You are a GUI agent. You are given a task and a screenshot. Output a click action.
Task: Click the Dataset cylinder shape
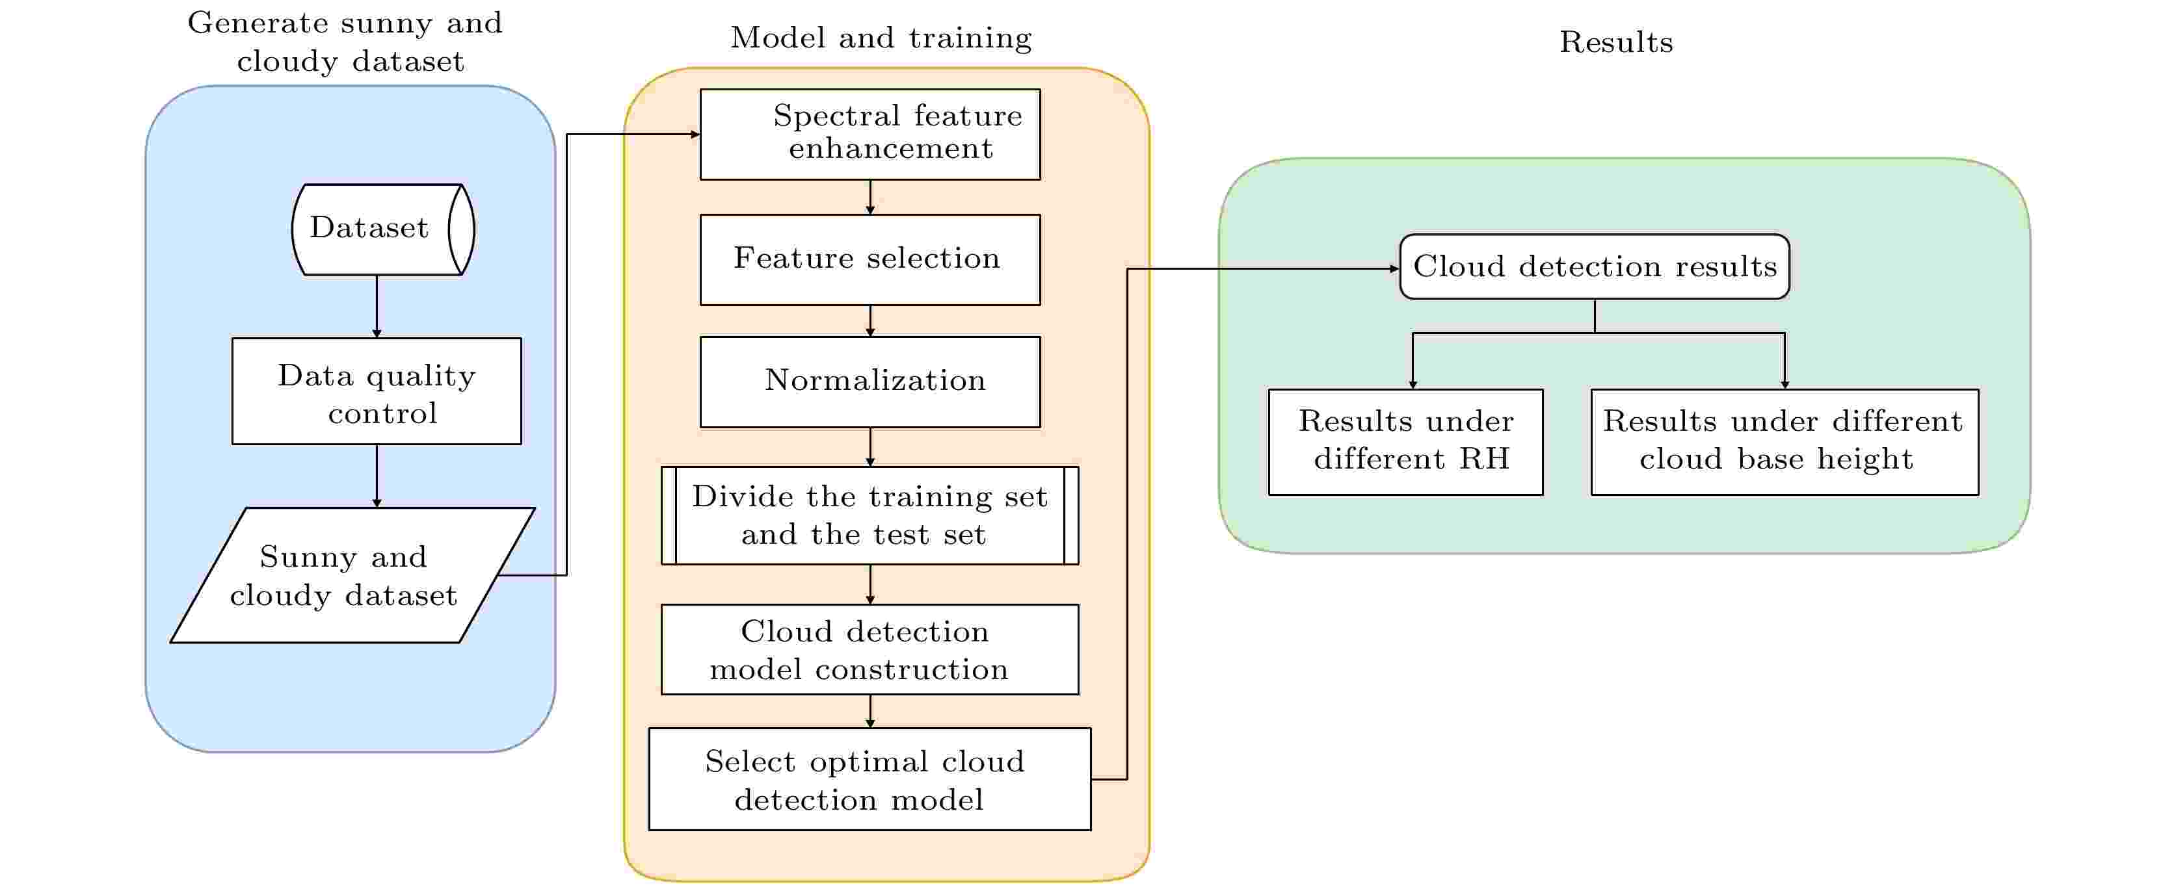coord(382,229)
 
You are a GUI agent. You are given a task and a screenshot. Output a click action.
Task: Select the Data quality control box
coord(377,392)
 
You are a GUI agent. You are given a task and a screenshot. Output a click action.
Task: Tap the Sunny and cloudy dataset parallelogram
coord(352,575)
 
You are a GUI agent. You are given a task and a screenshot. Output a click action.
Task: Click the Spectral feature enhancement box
coord(870,135)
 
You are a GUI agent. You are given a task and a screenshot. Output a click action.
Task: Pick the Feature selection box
coord(870,259)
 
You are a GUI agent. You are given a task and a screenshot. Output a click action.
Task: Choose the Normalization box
coord(870,381)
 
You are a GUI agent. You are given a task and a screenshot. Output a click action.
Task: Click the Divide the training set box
coord(870,515)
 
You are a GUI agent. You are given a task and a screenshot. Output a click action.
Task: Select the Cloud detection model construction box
coord(870,649)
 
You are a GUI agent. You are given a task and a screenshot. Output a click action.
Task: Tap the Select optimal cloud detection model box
coord(870,779)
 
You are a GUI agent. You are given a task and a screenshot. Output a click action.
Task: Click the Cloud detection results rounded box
coord(1594,267)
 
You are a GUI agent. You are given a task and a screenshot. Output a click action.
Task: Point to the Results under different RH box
coord(1405,441)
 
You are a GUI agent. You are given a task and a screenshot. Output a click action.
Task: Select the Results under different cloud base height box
coord(1784,441)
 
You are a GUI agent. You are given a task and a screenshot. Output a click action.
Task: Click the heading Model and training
coord(881,38)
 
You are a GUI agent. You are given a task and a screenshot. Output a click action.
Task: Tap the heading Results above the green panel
coord(1616,42)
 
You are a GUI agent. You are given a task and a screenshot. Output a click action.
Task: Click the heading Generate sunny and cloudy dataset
coord(345,42)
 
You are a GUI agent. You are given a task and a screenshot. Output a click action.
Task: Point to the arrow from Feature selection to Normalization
coord(870,321)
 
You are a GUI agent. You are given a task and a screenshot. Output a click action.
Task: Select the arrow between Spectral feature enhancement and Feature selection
coord(870,197)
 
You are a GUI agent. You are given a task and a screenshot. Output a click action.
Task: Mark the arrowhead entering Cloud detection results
coord(1394,268)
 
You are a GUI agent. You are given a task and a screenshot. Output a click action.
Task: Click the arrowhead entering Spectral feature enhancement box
coord(695,135)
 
